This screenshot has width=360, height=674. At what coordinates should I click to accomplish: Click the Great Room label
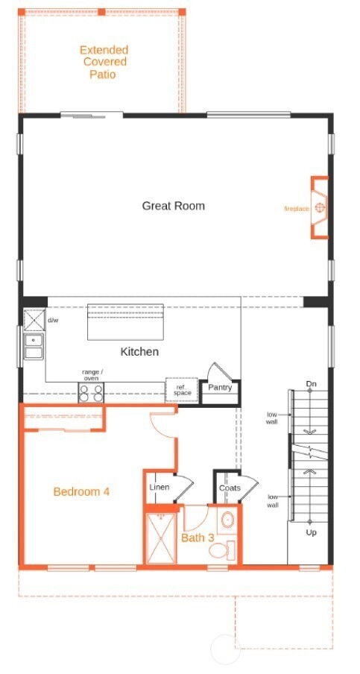pos(173,206)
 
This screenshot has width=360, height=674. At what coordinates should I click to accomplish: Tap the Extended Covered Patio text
pos(104,62)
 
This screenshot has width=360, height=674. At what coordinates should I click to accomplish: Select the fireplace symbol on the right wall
pos(319,207)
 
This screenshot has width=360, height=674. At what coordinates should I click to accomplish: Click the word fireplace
pos(297,209)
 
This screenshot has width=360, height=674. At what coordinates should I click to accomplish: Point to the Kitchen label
pos(139,352)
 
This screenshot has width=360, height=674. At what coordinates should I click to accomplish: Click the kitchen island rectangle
pos(125,322)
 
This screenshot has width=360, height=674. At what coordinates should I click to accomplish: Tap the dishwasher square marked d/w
pos(34,320)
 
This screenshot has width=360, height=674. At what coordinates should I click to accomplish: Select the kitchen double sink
pos(34,347)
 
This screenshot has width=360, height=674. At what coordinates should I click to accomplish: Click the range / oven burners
pos(91,393)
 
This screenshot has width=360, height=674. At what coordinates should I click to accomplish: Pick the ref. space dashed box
pos(182,390)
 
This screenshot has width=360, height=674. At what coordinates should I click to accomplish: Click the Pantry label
pos(220,388)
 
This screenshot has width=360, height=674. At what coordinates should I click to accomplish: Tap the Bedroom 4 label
pos(81,492)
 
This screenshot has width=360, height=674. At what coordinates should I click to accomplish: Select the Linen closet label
pos(160,488)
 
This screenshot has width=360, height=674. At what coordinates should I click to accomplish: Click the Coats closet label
pos(230,488)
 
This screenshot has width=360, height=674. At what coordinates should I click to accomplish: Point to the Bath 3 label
pos(198,538)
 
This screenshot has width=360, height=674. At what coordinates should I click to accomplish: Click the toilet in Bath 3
pos(223,549)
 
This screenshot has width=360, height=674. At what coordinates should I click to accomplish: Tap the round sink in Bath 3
pos(227,520)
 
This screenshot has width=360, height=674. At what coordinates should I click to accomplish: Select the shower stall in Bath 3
pos(161,538)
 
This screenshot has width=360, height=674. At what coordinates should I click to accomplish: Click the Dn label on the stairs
pos(312,384)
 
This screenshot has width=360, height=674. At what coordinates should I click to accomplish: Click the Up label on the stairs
pos(311,532)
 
